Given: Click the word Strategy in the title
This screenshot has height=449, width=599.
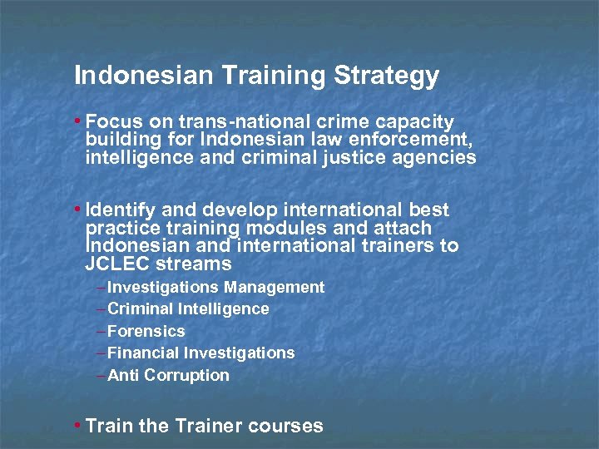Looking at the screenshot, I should [x=386, y=76].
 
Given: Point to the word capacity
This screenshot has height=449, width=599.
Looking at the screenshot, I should [x=413, y=122].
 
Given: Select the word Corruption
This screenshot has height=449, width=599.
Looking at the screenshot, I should [x=186, y=375].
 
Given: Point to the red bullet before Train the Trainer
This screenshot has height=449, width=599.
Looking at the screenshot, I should [x=77, y=426].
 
